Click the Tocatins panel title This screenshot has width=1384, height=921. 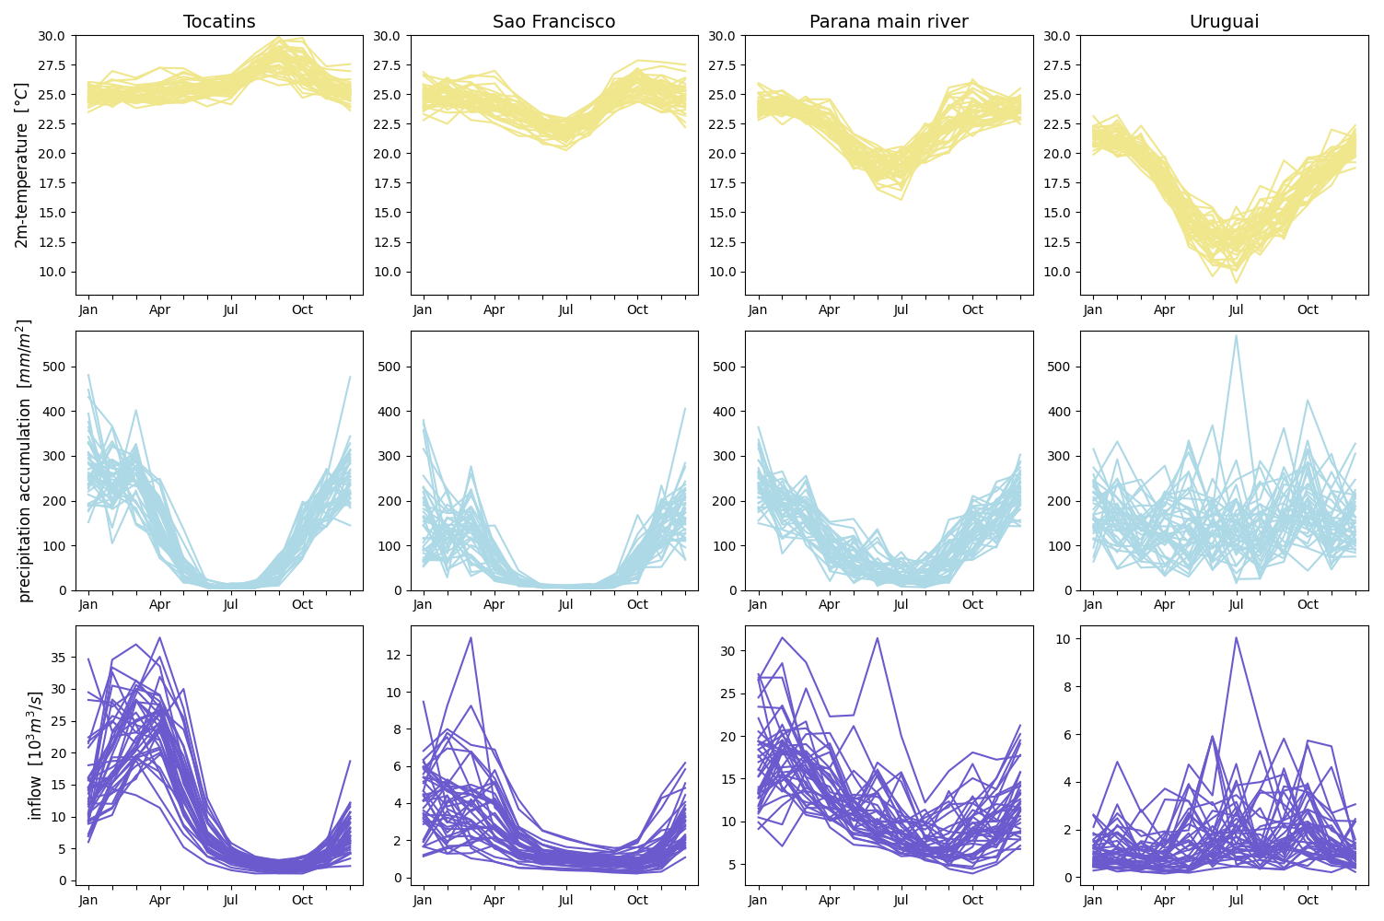click(219, 21)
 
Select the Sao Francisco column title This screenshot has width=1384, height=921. click(553, 21)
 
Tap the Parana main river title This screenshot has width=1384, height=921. click(889, 21)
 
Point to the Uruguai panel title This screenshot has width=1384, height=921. click(1224, 21)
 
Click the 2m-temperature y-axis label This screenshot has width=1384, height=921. click(22, 165)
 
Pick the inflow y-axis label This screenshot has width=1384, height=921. click(35, 755)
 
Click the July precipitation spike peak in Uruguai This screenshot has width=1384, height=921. click(1236, 335)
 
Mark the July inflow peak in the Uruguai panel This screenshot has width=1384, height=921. click(1236, 637)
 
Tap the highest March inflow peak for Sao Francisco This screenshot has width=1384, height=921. click(471, 637)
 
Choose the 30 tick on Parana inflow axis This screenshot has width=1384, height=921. click(728, 650)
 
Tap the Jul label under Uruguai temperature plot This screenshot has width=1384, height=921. click(1236, 309)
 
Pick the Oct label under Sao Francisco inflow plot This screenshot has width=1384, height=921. click(637, 900)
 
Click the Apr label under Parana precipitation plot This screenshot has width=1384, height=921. click(829, 604)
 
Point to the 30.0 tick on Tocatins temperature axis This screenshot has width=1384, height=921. click(51, 36)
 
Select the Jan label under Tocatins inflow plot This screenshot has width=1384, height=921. click(88, 900)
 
